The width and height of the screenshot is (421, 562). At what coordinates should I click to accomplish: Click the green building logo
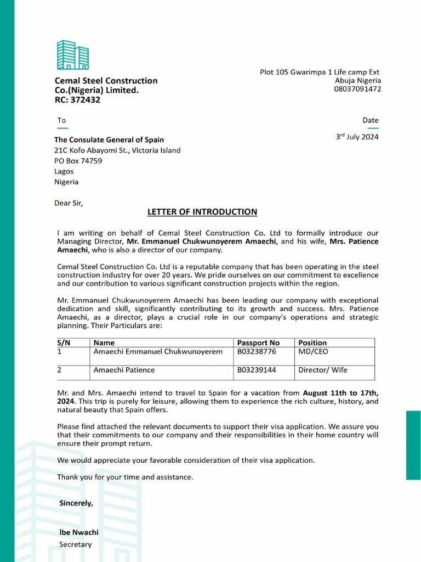pos(73,55)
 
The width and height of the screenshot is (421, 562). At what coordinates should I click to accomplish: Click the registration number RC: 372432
pos(77,100)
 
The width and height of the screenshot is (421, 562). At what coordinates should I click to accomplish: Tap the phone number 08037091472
pos(357,89)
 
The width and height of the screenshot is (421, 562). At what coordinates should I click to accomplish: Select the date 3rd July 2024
pos(357,137)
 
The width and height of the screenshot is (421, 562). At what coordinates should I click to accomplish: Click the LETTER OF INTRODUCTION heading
pos(202,212)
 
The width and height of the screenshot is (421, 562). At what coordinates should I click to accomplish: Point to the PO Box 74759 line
pos(78,161)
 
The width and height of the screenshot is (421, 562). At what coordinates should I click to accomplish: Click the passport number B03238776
pos(257,351)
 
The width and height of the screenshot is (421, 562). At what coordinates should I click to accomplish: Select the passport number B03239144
pos(257,370)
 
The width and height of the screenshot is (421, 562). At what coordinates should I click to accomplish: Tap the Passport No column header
pos(258,342)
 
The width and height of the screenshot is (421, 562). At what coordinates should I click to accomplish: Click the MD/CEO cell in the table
pos(313,351)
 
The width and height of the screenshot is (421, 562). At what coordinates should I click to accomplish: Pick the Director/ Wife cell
pos(322,370)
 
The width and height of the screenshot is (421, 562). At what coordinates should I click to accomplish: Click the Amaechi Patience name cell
pos(124,370)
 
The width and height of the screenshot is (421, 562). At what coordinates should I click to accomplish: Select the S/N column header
pos(64,342)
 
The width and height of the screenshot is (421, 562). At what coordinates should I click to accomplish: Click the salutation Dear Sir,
pos(69,203)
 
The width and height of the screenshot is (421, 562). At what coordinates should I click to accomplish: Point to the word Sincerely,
pos(76,503)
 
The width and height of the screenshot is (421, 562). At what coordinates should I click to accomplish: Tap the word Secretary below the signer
pos(75,544)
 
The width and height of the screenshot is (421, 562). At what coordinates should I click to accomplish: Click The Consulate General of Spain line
pos(109,140)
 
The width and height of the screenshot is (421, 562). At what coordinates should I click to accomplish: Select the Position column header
pos(312,342)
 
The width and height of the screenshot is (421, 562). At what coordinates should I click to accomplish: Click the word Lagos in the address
pos(64,171)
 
